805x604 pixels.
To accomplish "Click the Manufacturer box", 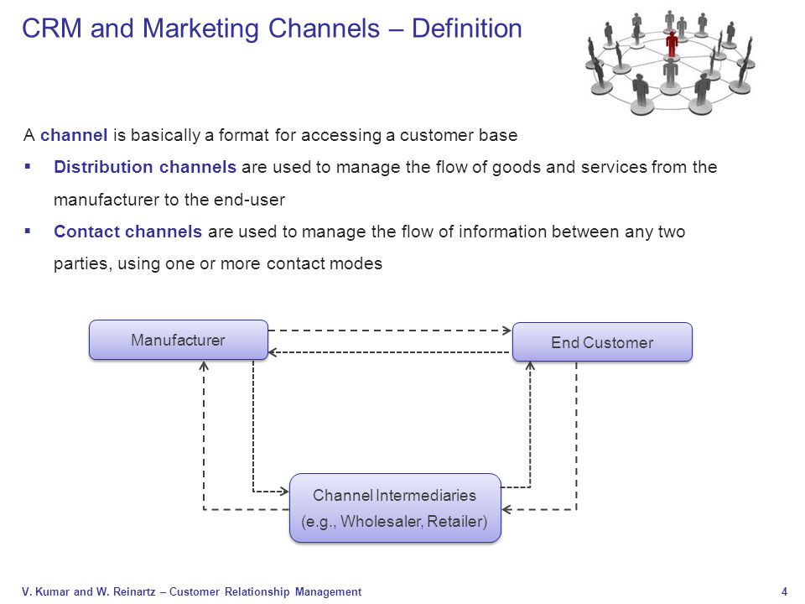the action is (x=178, y=340).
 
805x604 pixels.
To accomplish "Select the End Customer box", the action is (x=602, y=342).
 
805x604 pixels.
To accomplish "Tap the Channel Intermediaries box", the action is (x=395, y=508).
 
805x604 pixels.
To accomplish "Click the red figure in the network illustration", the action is (x=672, y=44).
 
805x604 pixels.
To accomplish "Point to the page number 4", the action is (x=784, y=591).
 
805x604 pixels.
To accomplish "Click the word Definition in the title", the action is (x=467, y=29).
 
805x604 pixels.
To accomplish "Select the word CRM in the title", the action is (x=52, y=29).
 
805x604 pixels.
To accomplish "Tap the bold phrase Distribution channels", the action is (x=145, y=167).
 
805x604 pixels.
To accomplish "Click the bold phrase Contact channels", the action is (x=127, y=232).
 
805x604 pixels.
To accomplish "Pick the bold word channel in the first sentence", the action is (x=74, y=135).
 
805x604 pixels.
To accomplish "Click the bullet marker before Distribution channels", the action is (x=28, y=166).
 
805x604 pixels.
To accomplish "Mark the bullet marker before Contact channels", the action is (x=28, y=232).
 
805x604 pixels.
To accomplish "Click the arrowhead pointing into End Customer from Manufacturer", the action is (x=506, y=331).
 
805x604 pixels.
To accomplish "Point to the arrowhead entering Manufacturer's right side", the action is (x=273, y=352).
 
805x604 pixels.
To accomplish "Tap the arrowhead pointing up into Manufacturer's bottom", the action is (x=204, y=366).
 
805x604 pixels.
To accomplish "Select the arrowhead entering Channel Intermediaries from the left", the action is (x=284, y=492).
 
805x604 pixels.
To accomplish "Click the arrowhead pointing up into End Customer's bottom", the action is (x=530, y=367).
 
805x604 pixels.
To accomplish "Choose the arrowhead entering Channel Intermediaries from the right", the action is (x=506, y=509).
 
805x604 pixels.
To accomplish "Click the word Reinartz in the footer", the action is (x=134, y=591).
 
